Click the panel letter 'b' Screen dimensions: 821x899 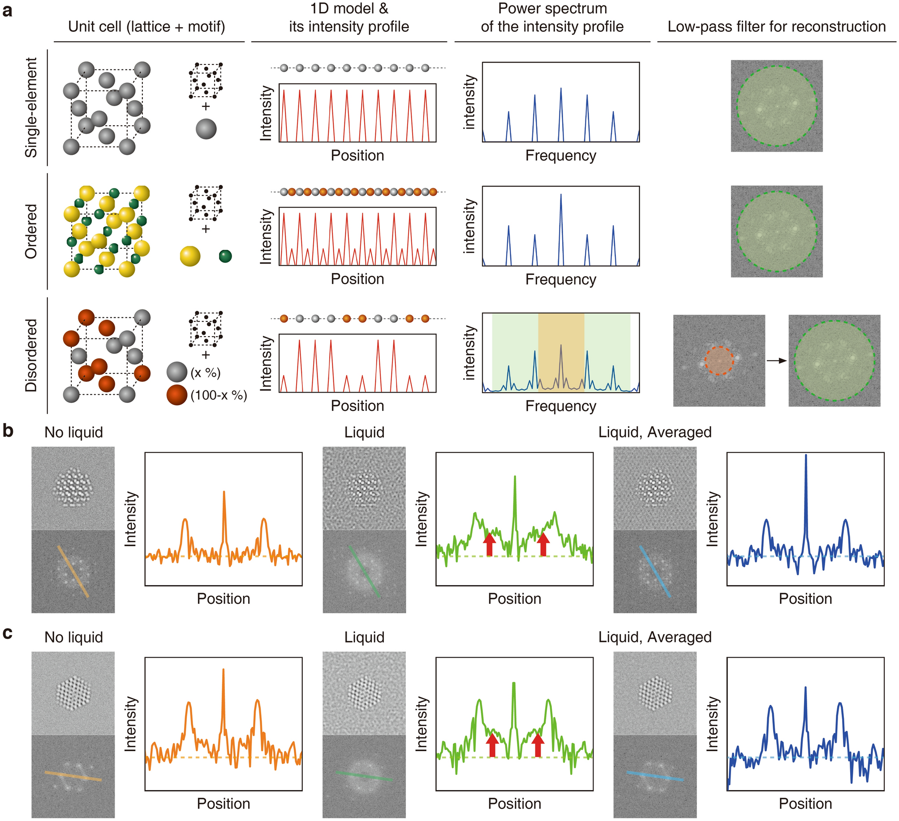[8, 431]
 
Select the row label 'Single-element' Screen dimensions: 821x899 [31, 107]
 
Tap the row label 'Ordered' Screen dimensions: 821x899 [31, 231]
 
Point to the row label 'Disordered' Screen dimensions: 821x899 [31, 355]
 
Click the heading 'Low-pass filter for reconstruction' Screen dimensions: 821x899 [776, 26]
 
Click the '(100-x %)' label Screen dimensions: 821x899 [219, 395]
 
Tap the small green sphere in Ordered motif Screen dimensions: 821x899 [225, 256]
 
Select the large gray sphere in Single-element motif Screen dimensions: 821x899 [206, 129]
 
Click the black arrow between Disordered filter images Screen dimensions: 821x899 [776, 360]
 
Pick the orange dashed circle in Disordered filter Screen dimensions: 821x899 [719, 360]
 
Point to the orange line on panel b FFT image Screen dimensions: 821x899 [73, 571]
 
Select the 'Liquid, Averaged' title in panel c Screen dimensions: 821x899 [654, 637]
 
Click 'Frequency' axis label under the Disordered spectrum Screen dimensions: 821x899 [560, 406]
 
